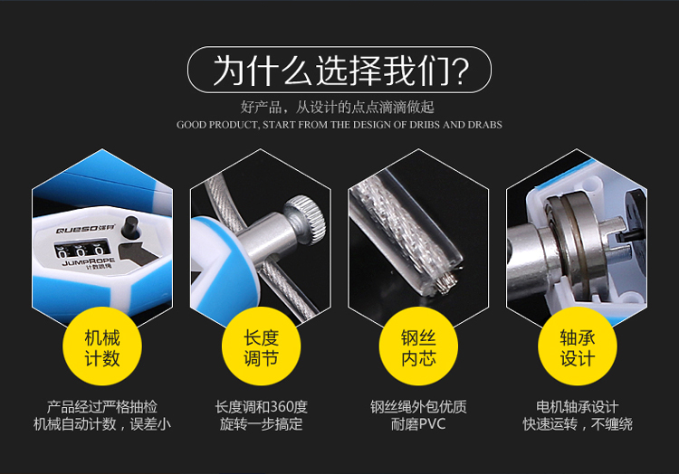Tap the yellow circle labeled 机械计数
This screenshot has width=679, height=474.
click(x=102, y=346)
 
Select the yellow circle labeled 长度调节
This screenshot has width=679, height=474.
click(x=261, y=346)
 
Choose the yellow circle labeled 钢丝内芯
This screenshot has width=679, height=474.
click(x=418, y=346)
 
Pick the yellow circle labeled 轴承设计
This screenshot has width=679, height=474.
click(x=578, y=346)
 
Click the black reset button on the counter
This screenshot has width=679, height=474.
click(x=129, y=227)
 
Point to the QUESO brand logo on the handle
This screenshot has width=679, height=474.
click(x=85, y=229)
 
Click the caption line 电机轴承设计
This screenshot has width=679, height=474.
click(x=578, y=407)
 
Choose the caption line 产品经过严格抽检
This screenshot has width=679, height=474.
click(x=102, y=407)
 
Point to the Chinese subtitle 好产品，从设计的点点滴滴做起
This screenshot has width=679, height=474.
click(x=338, y=107)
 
